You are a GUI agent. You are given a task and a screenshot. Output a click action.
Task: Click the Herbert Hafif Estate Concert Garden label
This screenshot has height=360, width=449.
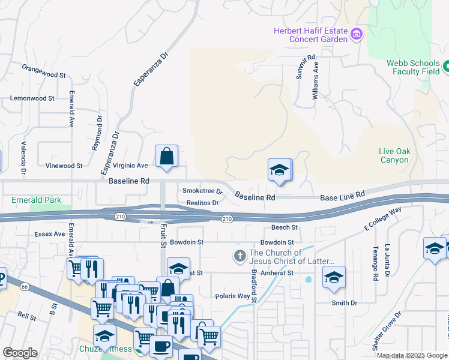pyautogui.click(x=310, y=35)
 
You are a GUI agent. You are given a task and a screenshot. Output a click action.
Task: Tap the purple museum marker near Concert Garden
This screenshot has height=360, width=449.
pyautogui.click(x=357, y=34)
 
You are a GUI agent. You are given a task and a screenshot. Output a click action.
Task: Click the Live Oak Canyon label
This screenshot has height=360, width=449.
pyautogui.click(x=394, y=155)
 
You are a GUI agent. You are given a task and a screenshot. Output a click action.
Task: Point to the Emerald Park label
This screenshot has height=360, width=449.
pyautogui.click(x=35, y=200)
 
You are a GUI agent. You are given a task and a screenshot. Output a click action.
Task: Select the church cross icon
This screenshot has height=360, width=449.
pyautogui.click(x=240, y=257)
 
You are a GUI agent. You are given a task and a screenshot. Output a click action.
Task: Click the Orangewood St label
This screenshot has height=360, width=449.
pyautogui.click(x=43, y=75)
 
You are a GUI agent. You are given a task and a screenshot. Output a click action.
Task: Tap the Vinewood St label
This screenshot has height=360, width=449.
pyautogui.click(x=64, y=166)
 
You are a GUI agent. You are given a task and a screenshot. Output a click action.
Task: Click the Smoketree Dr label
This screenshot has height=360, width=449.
pyautogui.click(x=202, y=191)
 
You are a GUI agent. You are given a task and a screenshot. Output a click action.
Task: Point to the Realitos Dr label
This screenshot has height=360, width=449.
pyautogui.click(x=201, y=203)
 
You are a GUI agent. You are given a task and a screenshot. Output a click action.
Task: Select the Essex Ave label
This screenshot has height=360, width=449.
pyautogui.click(x=49, y=234)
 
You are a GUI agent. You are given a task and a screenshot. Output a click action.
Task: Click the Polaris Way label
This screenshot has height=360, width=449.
pyautogui.click(x=232, y=296)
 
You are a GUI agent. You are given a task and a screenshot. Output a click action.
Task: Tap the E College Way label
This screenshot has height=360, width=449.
pyautogui.click(x=382, y=220)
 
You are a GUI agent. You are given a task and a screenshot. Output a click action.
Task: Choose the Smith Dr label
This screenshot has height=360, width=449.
pyautogui.click(x=345, y=303)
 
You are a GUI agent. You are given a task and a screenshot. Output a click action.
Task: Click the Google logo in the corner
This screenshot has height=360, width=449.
pyautogui.click(x=20, y=353)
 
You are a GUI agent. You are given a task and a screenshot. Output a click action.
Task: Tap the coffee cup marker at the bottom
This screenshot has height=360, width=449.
pyautogui.click(x=160, y=346)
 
